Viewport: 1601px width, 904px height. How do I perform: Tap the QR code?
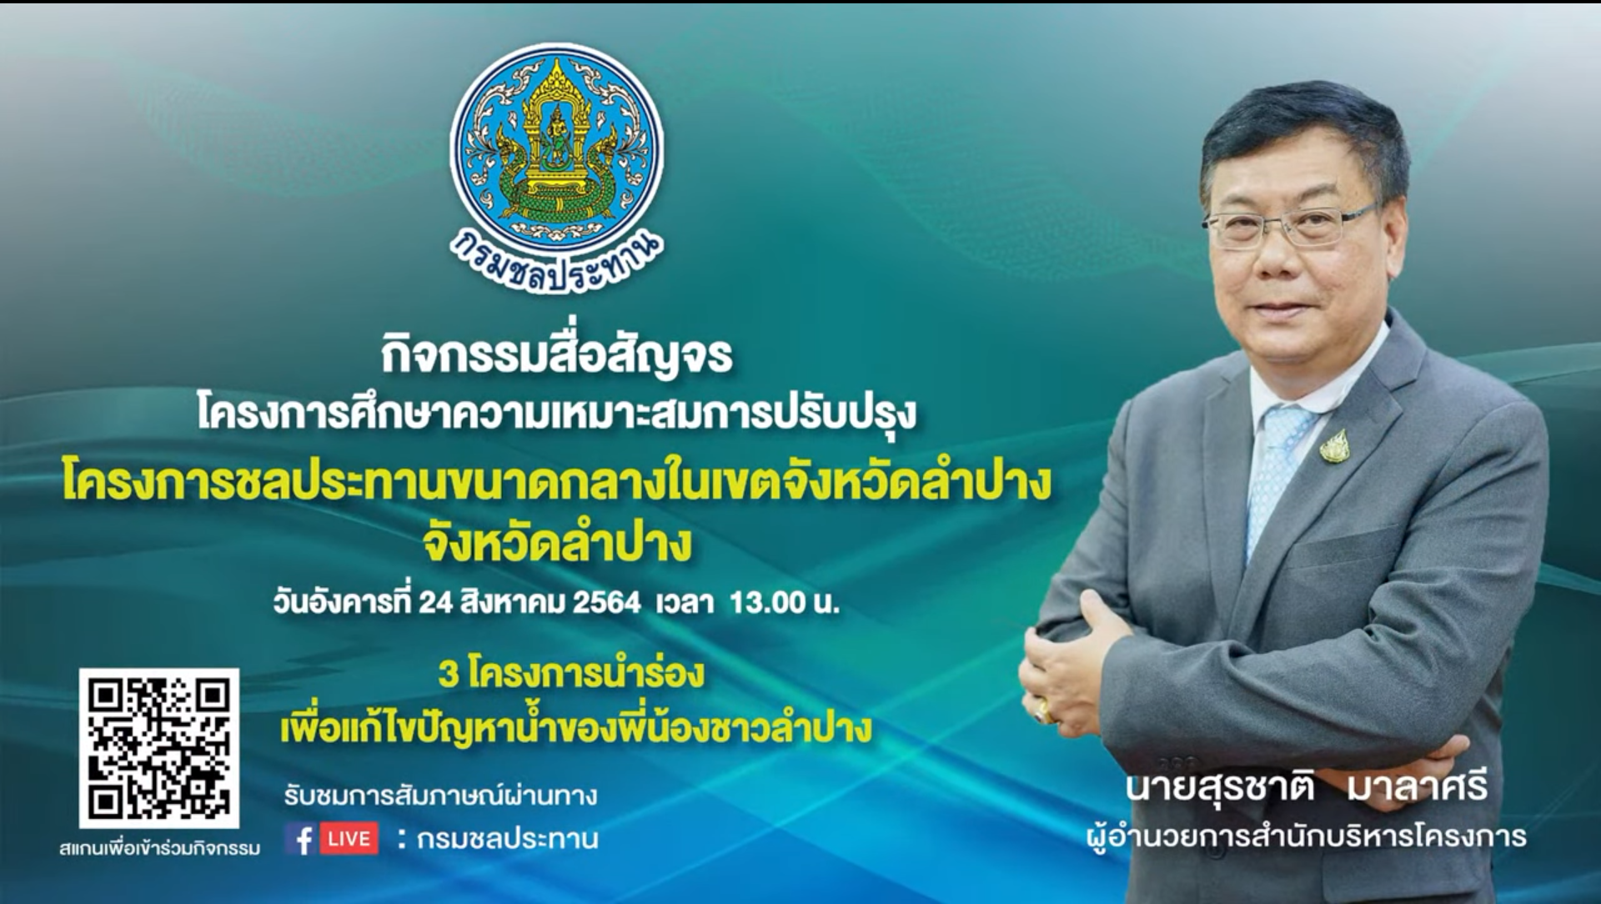158,748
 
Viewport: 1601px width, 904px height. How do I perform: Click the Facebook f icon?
304,839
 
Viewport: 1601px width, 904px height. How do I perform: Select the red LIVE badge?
349,839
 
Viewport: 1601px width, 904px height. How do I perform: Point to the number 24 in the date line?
435,602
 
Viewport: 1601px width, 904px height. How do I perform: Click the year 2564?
606,602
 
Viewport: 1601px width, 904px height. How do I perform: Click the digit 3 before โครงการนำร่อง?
449,674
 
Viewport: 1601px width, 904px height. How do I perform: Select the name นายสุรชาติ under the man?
1220,787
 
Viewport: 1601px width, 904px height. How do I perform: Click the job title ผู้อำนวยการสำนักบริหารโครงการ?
1307,836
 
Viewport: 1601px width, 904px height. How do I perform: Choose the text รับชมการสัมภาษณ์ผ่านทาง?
440,796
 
